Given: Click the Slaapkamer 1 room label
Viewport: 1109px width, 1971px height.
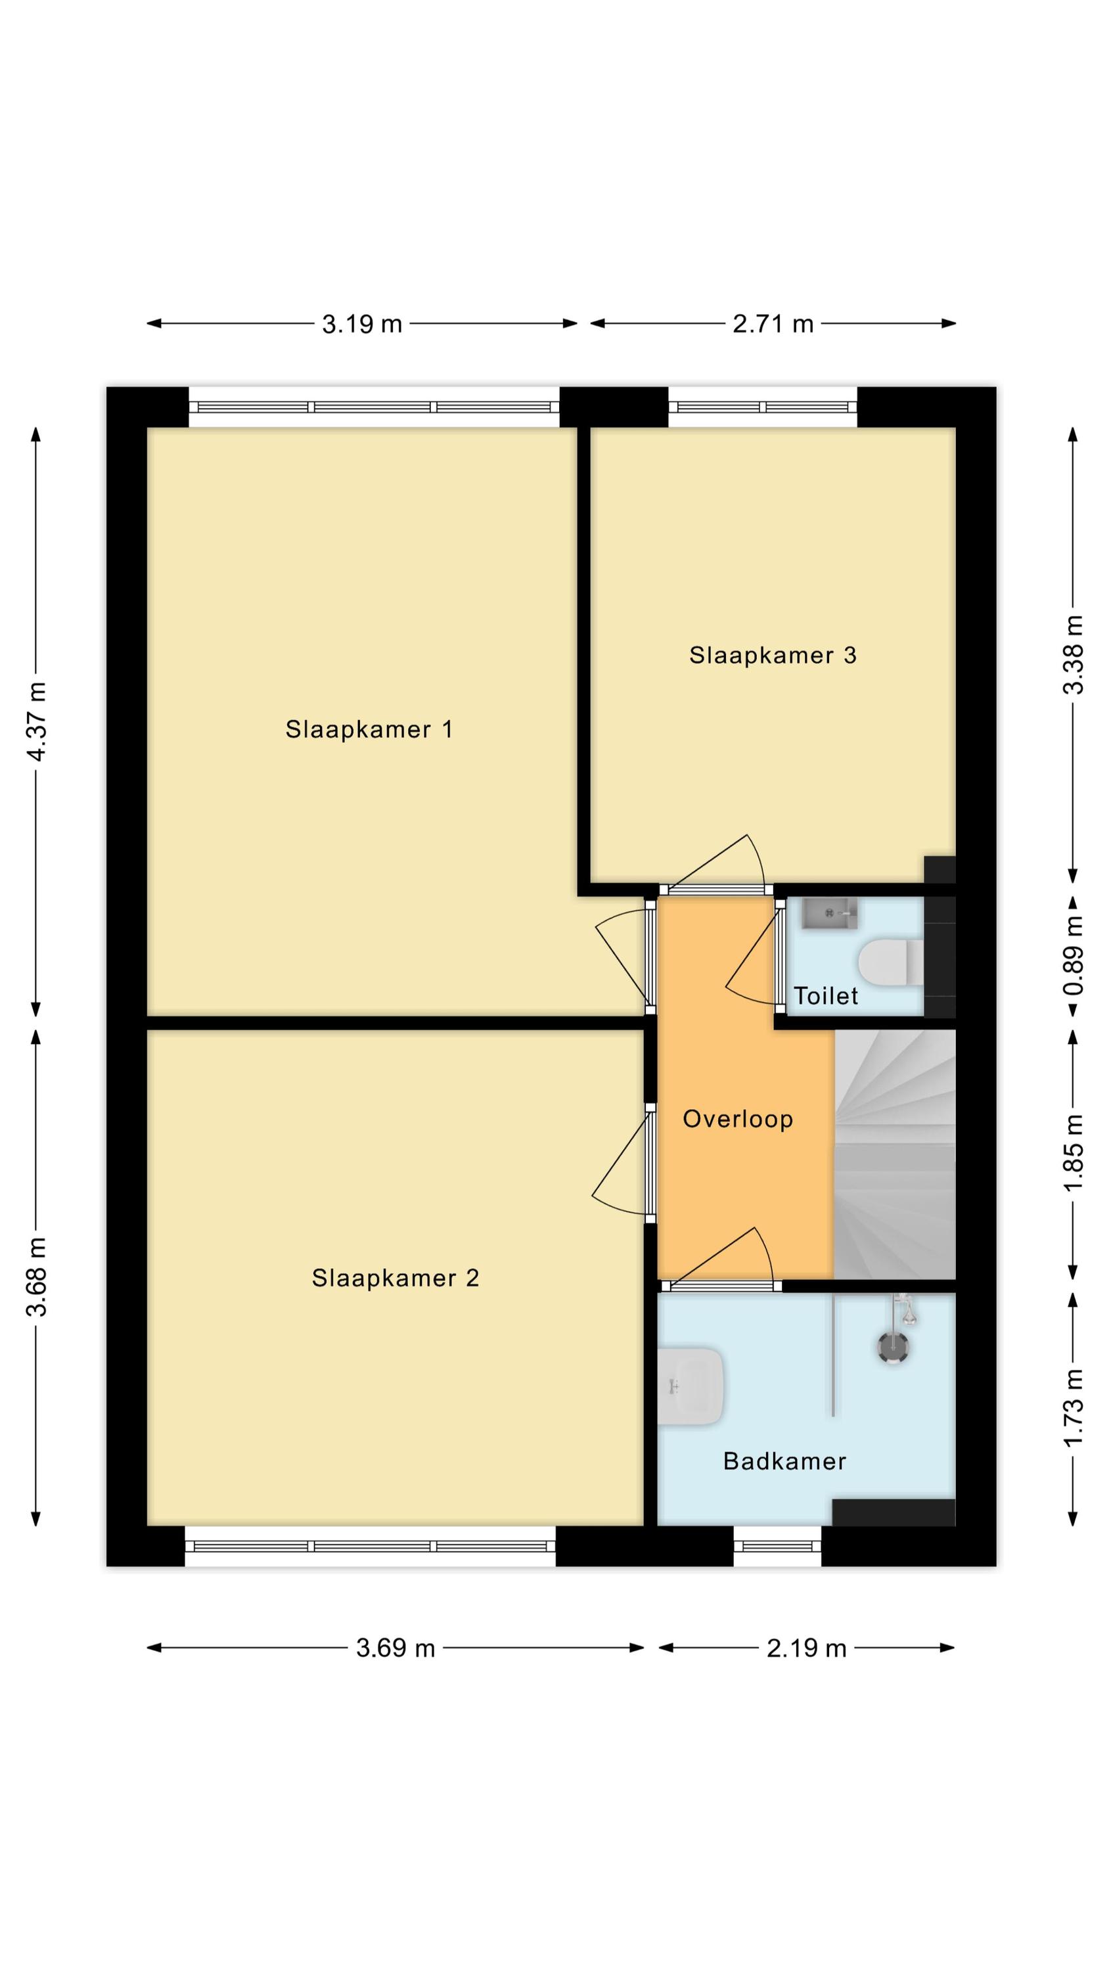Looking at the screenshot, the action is click(369, 729).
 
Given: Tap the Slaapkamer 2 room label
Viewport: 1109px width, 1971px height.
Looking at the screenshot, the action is click(395, 1278).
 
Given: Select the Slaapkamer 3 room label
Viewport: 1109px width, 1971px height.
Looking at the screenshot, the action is click(772, 655).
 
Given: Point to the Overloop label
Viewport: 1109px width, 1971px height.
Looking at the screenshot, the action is click(738, 1120).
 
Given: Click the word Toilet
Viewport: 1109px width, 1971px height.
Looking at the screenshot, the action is click(826, 995).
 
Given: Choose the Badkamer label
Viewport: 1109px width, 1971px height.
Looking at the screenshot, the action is click(784, 1461).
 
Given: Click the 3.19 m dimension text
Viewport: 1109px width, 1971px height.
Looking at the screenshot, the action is click(362, 325).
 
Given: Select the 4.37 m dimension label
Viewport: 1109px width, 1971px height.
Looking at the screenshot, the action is click(37, 721).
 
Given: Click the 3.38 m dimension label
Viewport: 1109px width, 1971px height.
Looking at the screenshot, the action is click(1073, 654).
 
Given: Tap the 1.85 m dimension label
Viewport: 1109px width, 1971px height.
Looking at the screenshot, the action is click(1073, 1154).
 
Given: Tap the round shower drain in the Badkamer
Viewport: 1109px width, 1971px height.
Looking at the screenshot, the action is click(893, 1347).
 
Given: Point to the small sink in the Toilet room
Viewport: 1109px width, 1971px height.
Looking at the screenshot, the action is click(830, 914).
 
